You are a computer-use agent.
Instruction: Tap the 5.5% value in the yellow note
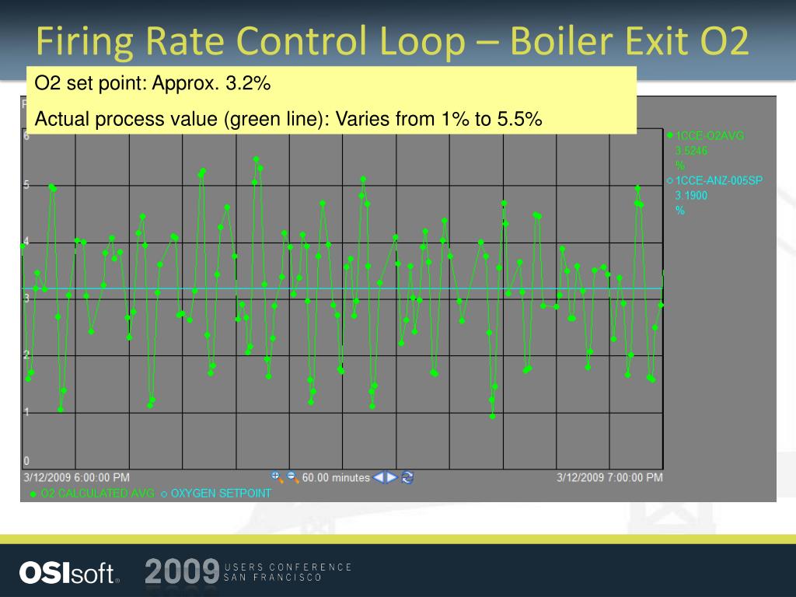(519, 119)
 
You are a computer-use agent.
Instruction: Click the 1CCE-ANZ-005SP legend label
(719, 180)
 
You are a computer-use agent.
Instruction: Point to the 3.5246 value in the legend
(691, 151)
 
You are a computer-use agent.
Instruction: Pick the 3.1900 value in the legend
(691, 196)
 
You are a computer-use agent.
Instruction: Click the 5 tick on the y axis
(26, 185)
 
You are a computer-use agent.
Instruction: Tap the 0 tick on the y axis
(26, 461)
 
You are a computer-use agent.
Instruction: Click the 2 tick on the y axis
(26, 355)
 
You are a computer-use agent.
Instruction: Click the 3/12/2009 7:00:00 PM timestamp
(610, 477)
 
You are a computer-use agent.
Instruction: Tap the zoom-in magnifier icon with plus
(276, 477)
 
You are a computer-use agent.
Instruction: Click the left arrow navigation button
(379, 477)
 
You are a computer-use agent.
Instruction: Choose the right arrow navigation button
(393, 477)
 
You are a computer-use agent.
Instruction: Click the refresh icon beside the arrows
(407, 477)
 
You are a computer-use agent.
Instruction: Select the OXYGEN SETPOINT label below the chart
(221, 494)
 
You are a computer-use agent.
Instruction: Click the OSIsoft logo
(69, 573)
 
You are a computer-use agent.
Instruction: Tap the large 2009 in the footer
(181, 572)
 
